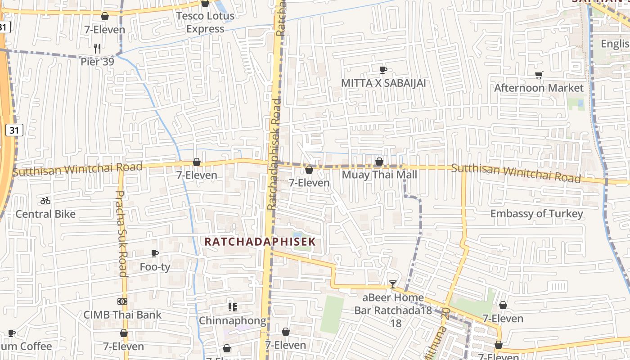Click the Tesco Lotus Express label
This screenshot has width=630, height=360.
(x=205, y=22)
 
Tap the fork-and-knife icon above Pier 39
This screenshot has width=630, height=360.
(x=97, y=48)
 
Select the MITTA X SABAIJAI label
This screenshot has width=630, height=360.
(x=383, y=83)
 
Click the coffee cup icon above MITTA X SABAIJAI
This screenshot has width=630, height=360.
(x=383, y=70)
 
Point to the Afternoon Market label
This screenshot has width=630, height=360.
(x=539, y=88)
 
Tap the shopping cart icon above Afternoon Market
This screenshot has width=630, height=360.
(x=539, y=75)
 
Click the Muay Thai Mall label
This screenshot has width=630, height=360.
(x=379, y=175)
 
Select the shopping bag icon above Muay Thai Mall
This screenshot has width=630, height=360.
(x=379, y=162)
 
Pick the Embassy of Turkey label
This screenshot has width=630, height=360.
(x=536, y=214)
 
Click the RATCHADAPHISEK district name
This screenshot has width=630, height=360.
(x=260, y=242)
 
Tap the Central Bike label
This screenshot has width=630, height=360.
(x=45, y=214)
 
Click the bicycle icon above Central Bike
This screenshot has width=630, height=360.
(x=45, y=201)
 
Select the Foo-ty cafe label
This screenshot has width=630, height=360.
(x=155, y=267)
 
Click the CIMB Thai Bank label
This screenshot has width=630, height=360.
(x=122, y=315)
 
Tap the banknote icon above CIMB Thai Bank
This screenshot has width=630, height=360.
(x=122, y=301)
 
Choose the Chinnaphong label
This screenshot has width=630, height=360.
(x=232, y=321)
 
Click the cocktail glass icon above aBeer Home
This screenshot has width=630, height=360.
(x=393, y=284)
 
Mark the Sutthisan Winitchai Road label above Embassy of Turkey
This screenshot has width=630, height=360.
(x=516, y=173)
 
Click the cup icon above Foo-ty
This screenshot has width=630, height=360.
(x=155, y=254)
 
